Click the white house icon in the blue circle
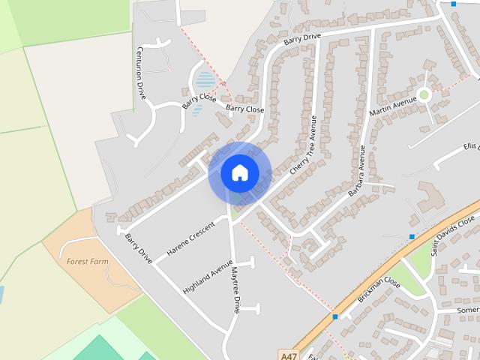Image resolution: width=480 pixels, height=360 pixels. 240,172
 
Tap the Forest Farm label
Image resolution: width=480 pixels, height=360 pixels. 88,262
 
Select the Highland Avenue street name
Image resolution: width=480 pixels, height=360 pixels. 208,276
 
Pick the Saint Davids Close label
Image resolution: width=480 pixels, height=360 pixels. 453,233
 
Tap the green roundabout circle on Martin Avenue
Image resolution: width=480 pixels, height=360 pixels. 424,94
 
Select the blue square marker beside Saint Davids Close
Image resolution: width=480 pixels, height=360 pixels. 412,237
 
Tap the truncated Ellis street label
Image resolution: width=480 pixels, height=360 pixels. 471,145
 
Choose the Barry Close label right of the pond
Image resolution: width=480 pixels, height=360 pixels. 245,109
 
